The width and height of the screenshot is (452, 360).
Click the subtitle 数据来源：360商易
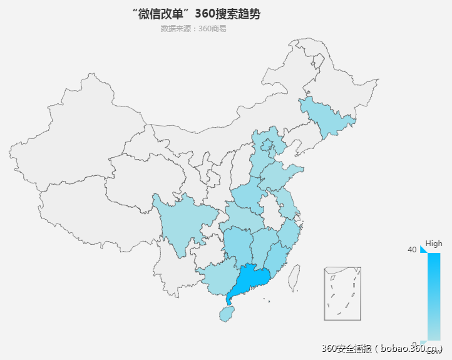point(193,28)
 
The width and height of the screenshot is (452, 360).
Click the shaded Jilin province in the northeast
point(327,116)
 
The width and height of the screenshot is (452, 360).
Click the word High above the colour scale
point(434,244)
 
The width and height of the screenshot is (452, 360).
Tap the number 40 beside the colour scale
point(412,250)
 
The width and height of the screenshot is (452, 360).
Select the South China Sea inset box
point(343,294)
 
